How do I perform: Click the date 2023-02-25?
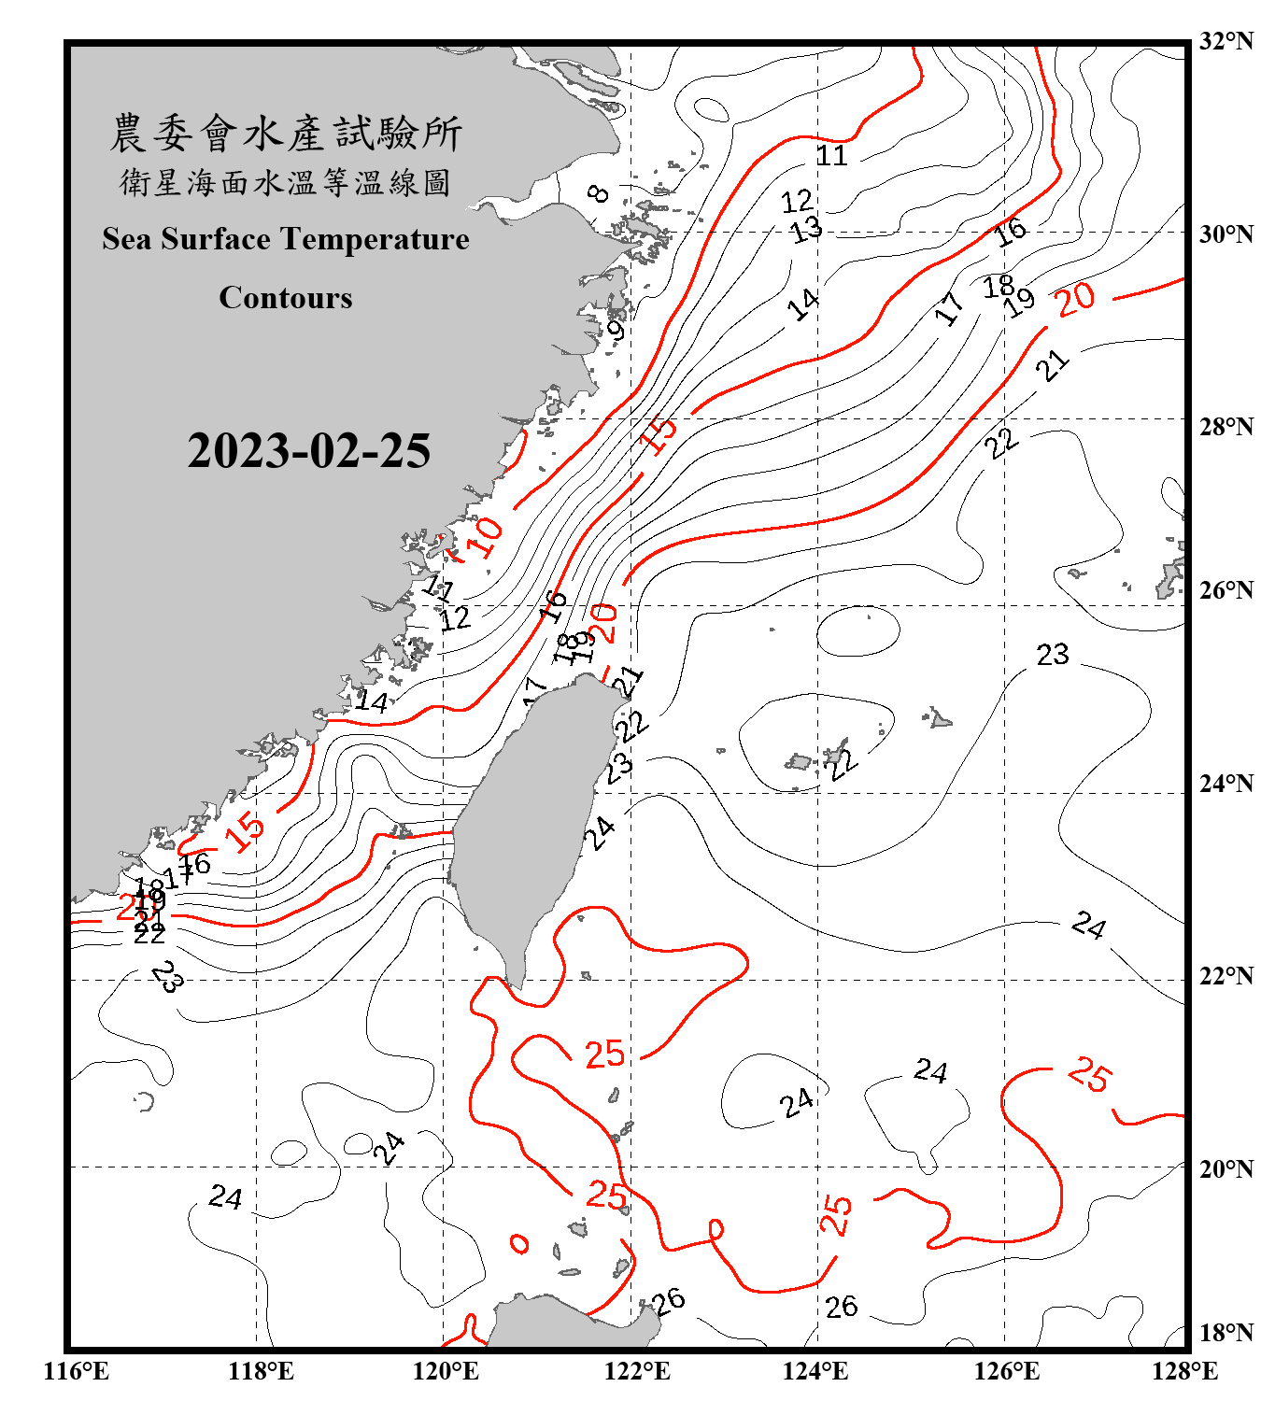click(308, 451)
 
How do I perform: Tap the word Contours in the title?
click(286, 298)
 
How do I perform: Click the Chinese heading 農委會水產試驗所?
click(286, 134)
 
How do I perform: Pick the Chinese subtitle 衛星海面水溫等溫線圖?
click(286, 182)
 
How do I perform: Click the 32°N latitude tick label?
click(1226, 41)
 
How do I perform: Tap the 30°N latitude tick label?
click(1226, 233)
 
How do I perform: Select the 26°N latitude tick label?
click(1226, 590)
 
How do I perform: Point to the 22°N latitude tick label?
click(1226, 976)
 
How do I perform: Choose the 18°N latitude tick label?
click(1226, 1333)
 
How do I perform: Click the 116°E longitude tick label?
click(77, 1371)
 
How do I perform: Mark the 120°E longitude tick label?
click(446, 1371)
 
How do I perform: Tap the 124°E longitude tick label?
click(815, 1371)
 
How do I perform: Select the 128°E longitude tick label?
click(1184, 1371)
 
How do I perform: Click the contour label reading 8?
click(599, 193)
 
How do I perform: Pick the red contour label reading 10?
click(485, 537)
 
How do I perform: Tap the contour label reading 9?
click(616, 331)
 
